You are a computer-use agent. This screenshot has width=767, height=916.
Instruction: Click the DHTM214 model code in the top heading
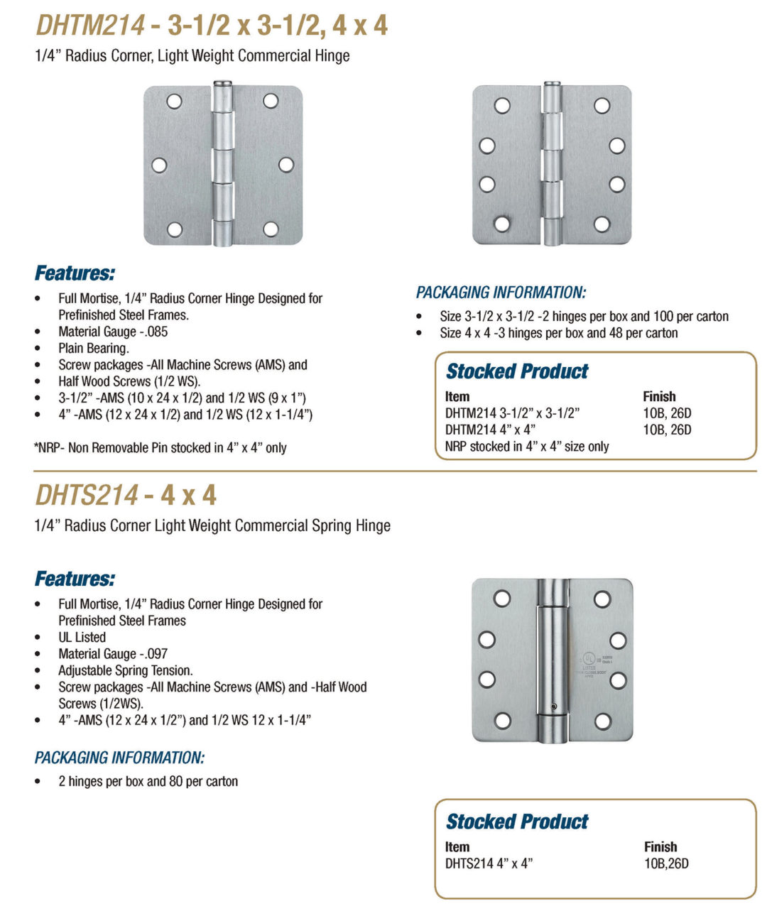90,26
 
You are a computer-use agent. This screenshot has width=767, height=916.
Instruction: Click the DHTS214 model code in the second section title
87,495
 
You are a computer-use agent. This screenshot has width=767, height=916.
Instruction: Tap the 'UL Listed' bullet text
82,638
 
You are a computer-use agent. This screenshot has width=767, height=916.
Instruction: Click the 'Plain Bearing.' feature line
94,349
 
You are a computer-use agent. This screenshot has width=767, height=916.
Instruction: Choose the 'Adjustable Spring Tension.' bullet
126,670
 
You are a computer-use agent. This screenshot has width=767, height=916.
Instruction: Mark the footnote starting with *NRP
160,448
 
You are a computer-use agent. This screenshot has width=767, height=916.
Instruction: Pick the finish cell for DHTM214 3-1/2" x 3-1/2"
667,413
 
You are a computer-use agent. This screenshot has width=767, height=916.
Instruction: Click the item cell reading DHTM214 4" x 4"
490,430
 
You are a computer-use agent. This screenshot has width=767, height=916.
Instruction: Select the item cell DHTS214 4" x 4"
489,863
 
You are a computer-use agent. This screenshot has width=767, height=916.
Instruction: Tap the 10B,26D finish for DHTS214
666,863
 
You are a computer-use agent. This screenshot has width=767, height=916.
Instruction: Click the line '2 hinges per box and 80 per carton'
148,781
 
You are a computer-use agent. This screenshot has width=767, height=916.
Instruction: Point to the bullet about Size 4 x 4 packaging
558,333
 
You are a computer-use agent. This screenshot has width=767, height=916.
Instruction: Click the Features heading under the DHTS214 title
75,579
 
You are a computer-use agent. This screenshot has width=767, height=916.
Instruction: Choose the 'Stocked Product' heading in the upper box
517,371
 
